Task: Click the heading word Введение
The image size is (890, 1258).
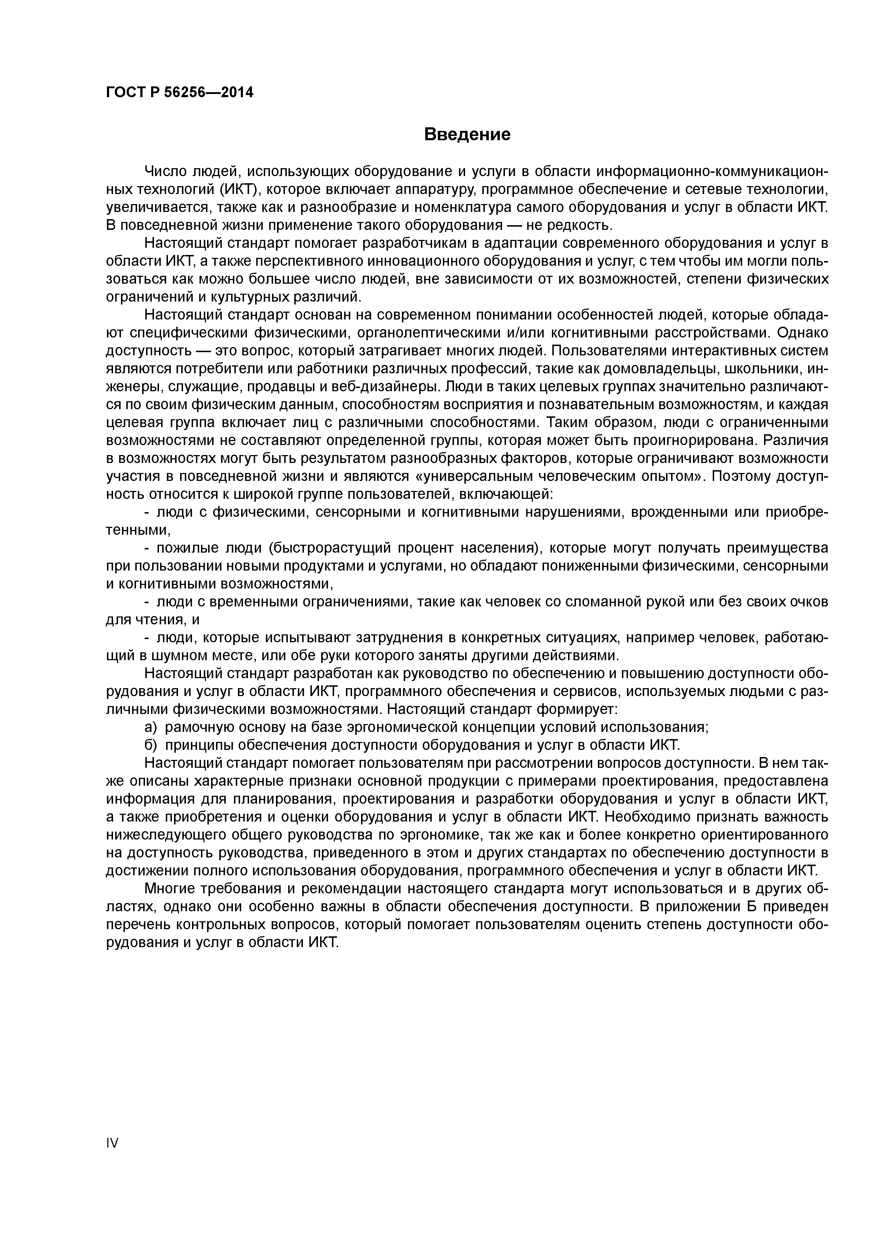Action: [x=467, y=134]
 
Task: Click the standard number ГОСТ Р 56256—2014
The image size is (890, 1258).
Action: [x=179, y=93]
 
